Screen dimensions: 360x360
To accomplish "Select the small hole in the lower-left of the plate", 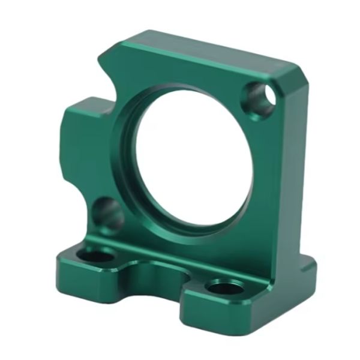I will [108, 214].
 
